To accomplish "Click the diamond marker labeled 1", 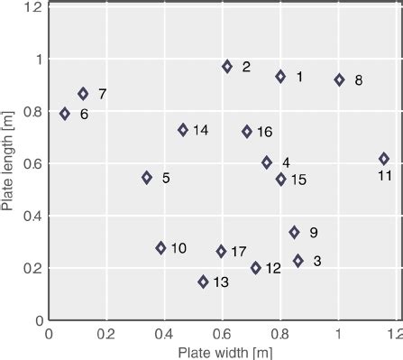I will click(x=280, y=77).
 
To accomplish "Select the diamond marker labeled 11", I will click(x=384, y=159).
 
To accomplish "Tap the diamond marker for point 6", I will click(x=65, y=114).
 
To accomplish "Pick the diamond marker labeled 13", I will click(x=203, y=282).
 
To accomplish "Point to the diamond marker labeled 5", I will click(x=147, y=178).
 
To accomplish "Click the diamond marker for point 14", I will click(x=183, y=130).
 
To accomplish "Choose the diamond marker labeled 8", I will click(x=339, y=79).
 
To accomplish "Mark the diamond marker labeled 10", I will click(x=161, y=248).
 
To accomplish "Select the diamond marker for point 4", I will click(x=267, y=162).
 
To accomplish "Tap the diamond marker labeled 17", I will click(x=221, y=252).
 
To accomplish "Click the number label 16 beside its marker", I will click(x=264, y=132).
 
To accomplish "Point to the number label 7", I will click(x=102, y=94).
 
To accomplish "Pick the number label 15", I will click(x=298, y=180).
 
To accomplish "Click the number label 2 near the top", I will click(x=246, y=67).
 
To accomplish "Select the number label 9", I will click(x=313, y=233).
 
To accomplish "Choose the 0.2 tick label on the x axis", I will click(x=105, y=334).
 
